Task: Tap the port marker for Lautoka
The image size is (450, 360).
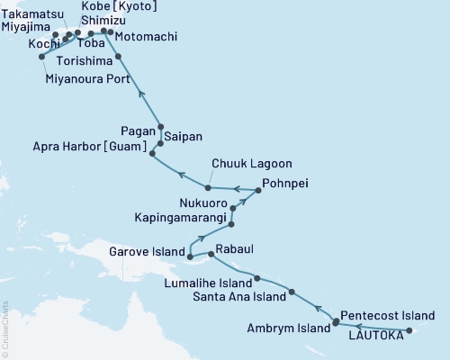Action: point(409,332)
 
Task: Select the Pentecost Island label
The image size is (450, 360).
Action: point(389,316)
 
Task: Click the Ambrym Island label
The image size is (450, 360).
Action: point(289,328)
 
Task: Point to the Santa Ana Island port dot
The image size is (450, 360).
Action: point(292,292)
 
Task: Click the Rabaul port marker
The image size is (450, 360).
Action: point(212,255)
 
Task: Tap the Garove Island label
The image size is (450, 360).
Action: point(148,252)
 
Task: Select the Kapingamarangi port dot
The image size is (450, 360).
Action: point(231,222)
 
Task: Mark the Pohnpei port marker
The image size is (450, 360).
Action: point(256,189)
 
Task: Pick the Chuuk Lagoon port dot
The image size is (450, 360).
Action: point(208,187)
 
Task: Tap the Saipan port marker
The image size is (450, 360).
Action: point(160,143)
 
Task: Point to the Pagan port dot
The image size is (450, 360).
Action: point(160,128)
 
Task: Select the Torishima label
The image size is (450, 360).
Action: point(82,60)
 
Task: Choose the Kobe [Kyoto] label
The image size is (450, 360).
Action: point(120,7)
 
